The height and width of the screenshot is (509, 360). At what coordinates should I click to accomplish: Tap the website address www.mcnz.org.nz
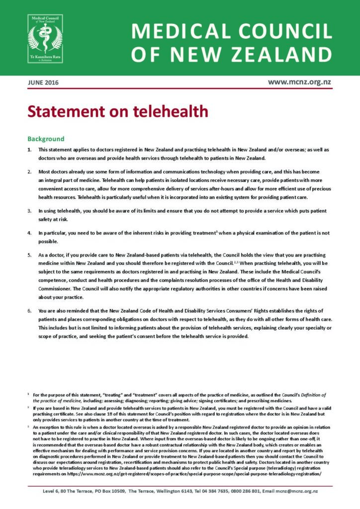coord(300,82)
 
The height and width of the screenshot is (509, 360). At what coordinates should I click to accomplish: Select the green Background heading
coord(46,139)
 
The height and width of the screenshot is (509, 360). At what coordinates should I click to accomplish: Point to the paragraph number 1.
coord(29,150)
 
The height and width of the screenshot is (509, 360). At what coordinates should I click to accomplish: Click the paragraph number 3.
coord(29,211)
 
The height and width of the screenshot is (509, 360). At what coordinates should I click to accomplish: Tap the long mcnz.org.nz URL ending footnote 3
coord(199,474)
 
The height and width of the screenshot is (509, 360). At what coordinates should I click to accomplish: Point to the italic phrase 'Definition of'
coord(308,395)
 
